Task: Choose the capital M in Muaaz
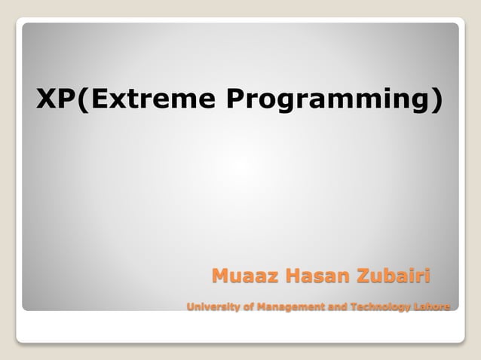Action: pos(220,276)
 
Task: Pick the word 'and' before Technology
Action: pos(335,307)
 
